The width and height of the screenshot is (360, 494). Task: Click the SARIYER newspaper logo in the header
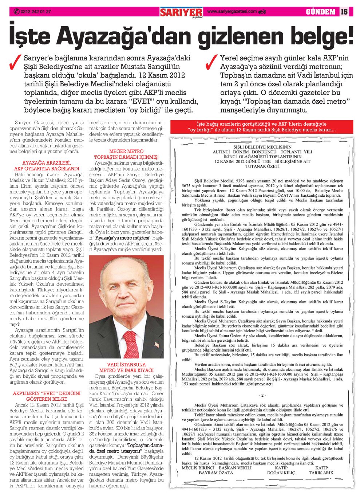pos(181,12)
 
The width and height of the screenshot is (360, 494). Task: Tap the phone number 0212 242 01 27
pos(36,12)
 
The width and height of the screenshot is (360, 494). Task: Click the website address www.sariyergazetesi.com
pos(232,12)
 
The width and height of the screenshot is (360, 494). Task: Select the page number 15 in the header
pos(344,12)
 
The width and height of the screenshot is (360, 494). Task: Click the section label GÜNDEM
pos(320,12)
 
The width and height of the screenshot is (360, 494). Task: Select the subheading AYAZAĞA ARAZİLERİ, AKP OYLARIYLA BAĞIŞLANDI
pos(47,166)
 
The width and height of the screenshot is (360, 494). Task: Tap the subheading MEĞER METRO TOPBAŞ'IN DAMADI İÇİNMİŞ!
pos(126,154)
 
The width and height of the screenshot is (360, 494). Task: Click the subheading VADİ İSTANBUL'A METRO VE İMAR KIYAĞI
pos(126,367)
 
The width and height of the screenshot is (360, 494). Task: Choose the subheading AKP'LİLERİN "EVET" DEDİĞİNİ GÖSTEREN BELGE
pos(47,396)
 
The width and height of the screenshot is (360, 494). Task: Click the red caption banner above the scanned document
pos(262,127)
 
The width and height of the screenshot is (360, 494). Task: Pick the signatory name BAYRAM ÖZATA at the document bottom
pos(215,473)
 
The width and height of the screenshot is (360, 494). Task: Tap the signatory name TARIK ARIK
pos(321,473)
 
